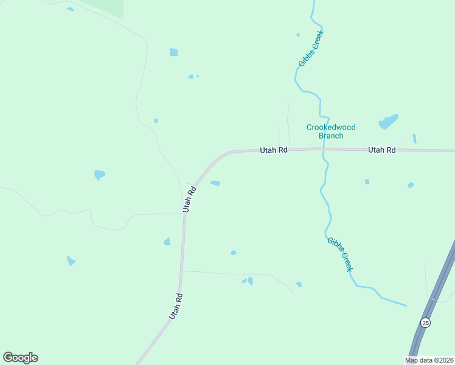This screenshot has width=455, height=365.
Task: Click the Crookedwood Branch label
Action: (331, 131)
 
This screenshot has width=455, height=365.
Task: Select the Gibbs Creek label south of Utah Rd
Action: (340, 254)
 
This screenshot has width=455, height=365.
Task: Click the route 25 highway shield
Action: (425, 322)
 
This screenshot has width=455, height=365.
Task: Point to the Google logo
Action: (20, 358)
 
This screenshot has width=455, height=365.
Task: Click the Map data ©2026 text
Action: (429, 360)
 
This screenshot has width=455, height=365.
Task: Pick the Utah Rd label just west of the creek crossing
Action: (273, 150)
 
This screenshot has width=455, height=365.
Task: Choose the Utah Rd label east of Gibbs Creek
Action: (381, 150)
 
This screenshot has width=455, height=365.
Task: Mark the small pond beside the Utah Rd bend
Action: (215, 183)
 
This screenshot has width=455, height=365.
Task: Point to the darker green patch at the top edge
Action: (103, 7)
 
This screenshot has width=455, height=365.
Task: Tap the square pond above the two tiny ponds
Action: (173, 52)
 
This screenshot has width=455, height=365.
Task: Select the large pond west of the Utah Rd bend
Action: (99, 175)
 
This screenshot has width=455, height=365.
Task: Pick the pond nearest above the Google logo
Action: (71, 261)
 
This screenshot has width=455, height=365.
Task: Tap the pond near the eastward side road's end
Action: (299, 284)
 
